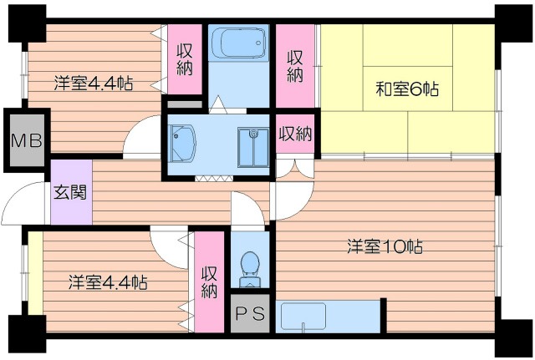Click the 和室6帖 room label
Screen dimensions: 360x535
tap(408, 88)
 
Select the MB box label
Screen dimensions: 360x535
tap(26, 139)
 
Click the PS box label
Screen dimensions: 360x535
tap(249, 314)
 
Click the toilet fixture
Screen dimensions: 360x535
tap(249, 266)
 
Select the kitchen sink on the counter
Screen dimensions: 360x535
tap(303, 317)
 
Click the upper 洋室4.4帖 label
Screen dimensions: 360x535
tap(94, 83)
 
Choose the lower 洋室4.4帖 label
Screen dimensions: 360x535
tap(108, 282)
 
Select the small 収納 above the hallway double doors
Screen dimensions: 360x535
tap(295, 134)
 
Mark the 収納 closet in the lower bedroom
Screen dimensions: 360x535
tap(209, 282)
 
